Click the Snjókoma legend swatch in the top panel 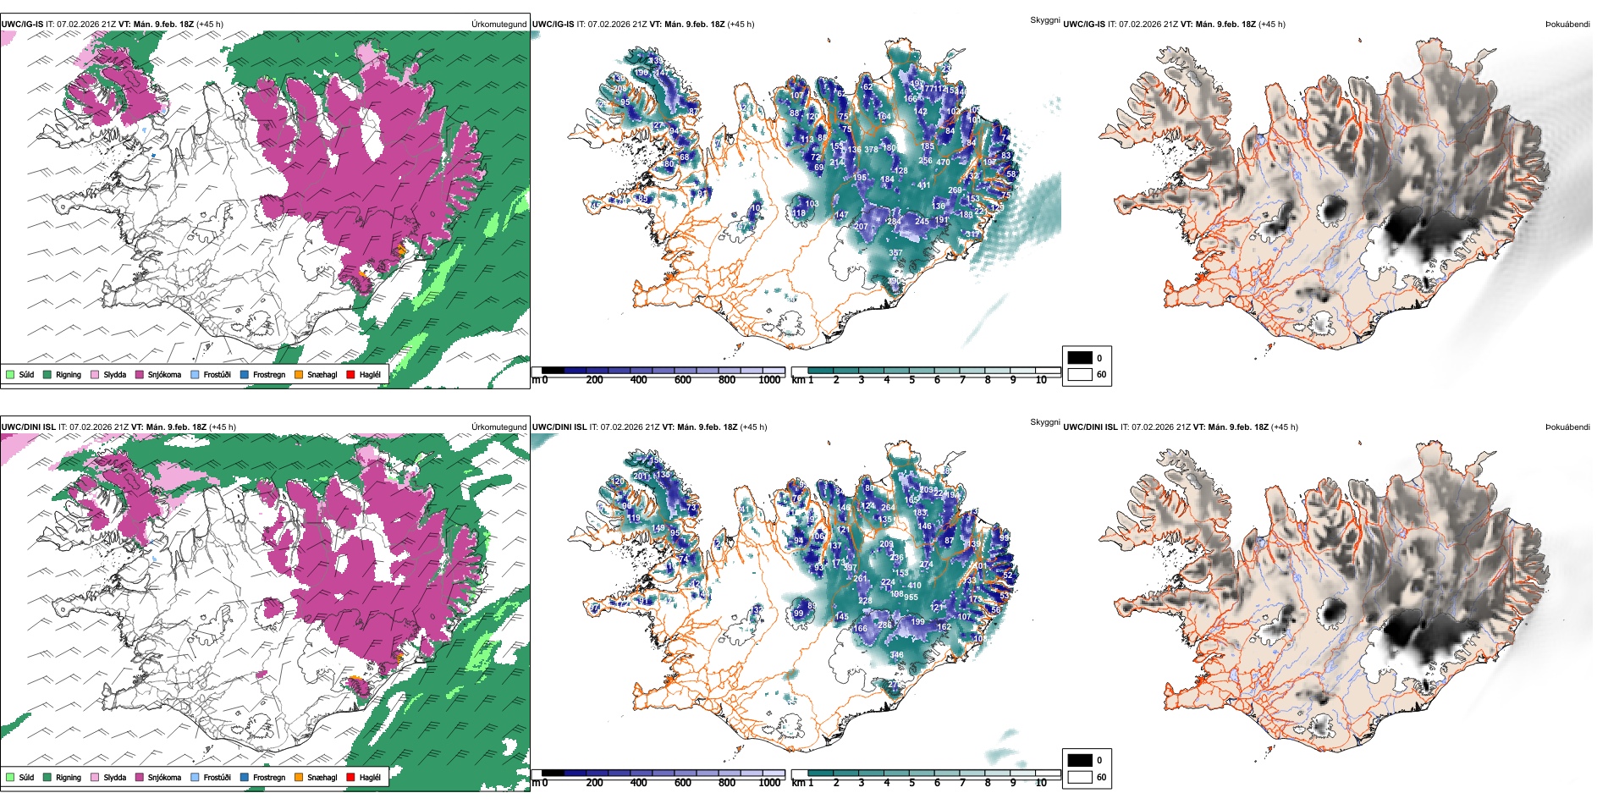tap(140, 374)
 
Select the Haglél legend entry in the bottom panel tap(350, 777)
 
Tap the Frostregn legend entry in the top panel tap(245, 374)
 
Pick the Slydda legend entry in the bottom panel tap(95, 777)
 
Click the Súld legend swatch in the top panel tap(10, 374)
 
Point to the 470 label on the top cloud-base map tap(943, 162)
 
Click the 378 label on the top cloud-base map tap(871, 150)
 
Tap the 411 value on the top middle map tap(923, 185)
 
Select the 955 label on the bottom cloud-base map tap(911, 597)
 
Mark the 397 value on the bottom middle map tap(850, 568)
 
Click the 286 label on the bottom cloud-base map tap(884, 625)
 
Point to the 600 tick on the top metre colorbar tap(683, 380)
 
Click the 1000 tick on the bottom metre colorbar tap(769, 783)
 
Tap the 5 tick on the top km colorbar tap(912, 380)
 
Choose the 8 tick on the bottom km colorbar tap(988, 783)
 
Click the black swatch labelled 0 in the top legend tap(1080, 358)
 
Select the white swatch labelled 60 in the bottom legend tap(1080, 777)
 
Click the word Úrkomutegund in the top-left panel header tap(498, 25)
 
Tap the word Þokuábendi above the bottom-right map tap(1567, 427)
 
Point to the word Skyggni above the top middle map tap(1044, 20)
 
